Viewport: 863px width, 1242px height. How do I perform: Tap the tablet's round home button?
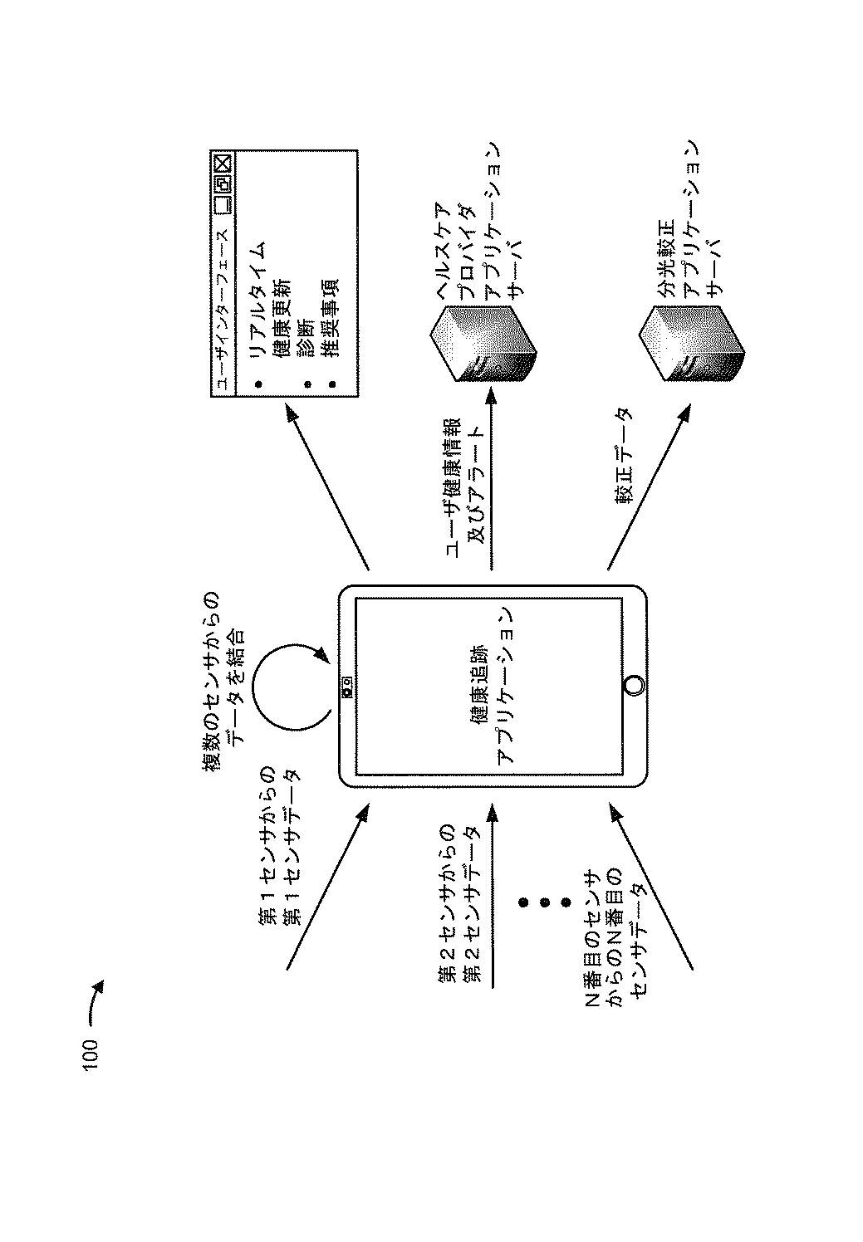point(634,685)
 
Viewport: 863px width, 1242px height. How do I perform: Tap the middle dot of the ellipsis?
point(545,902)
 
